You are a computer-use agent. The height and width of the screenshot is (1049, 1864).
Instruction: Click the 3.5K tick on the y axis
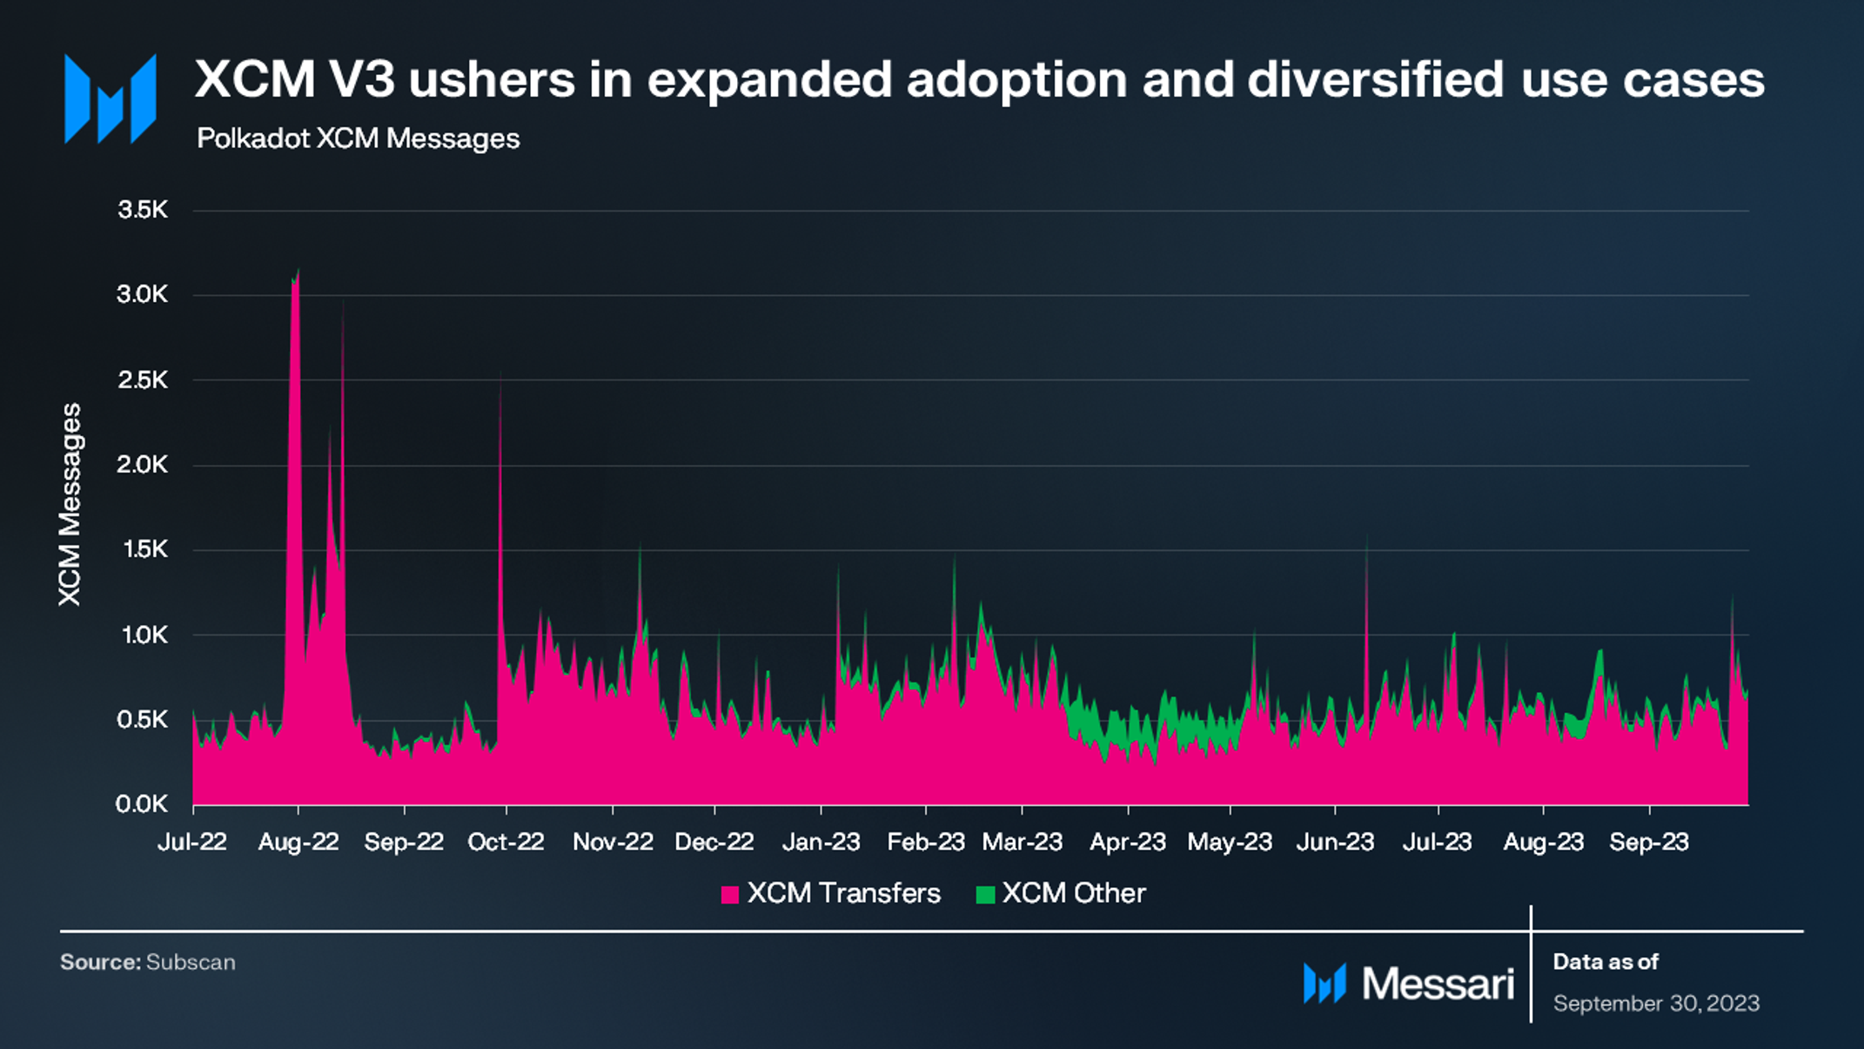(x=143, y=210)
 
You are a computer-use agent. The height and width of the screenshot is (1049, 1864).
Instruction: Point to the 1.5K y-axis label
(x=143, y=549)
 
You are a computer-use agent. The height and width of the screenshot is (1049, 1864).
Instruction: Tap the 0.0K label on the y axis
(x=142, y=804)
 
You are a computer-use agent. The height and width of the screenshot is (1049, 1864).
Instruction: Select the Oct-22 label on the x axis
(x=506, y=842)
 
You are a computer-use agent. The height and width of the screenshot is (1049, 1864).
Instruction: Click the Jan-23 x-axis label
(x=821, y=842)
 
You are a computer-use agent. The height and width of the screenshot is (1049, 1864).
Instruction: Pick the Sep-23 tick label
(x=1649, y=842)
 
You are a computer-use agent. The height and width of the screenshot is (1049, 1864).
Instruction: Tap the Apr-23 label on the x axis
(x=1128, y=842)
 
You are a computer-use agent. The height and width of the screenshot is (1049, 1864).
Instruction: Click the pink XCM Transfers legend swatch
(x=730, y=894)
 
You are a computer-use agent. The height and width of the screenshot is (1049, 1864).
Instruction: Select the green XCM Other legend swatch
(x=985, y=894)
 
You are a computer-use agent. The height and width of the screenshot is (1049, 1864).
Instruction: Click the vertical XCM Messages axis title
(x=70, y=504)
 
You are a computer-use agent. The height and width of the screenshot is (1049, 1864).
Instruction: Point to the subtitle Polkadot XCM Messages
(x=358, y=138)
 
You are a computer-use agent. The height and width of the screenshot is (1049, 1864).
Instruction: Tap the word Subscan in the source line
(x=191, y=962)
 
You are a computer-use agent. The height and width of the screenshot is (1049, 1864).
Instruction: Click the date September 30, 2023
(x=1657, y=1004)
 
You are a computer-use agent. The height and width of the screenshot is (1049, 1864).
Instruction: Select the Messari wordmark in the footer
(x=1438, y=984)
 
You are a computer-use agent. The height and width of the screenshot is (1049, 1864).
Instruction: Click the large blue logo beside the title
(x=111, y=98)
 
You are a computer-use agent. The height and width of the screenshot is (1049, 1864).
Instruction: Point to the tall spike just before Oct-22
(x=500, y=373)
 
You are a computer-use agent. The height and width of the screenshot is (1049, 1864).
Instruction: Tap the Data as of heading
(x=1606, y=962)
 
